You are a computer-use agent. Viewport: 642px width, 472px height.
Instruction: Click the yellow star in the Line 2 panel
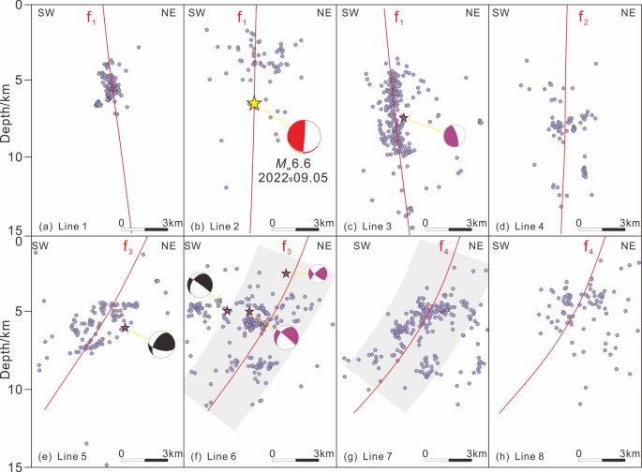point(254,104)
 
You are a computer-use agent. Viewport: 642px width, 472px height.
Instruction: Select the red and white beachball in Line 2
point(304,137)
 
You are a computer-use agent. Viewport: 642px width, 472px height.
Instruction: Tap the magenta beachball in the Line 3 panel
point(454,136)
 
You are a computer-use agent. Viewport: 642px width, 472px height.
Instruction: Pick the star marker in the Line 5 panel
point(125,328)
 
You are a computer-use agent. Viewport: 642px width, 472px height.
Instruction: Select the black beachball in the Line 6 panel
point(201,285)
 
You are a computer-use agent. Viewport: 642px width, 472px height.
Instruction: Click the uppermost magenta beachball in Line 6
point(319,273)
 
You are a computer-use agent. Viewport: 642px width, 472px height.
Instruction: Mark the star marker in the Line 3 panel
point(403,118)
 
